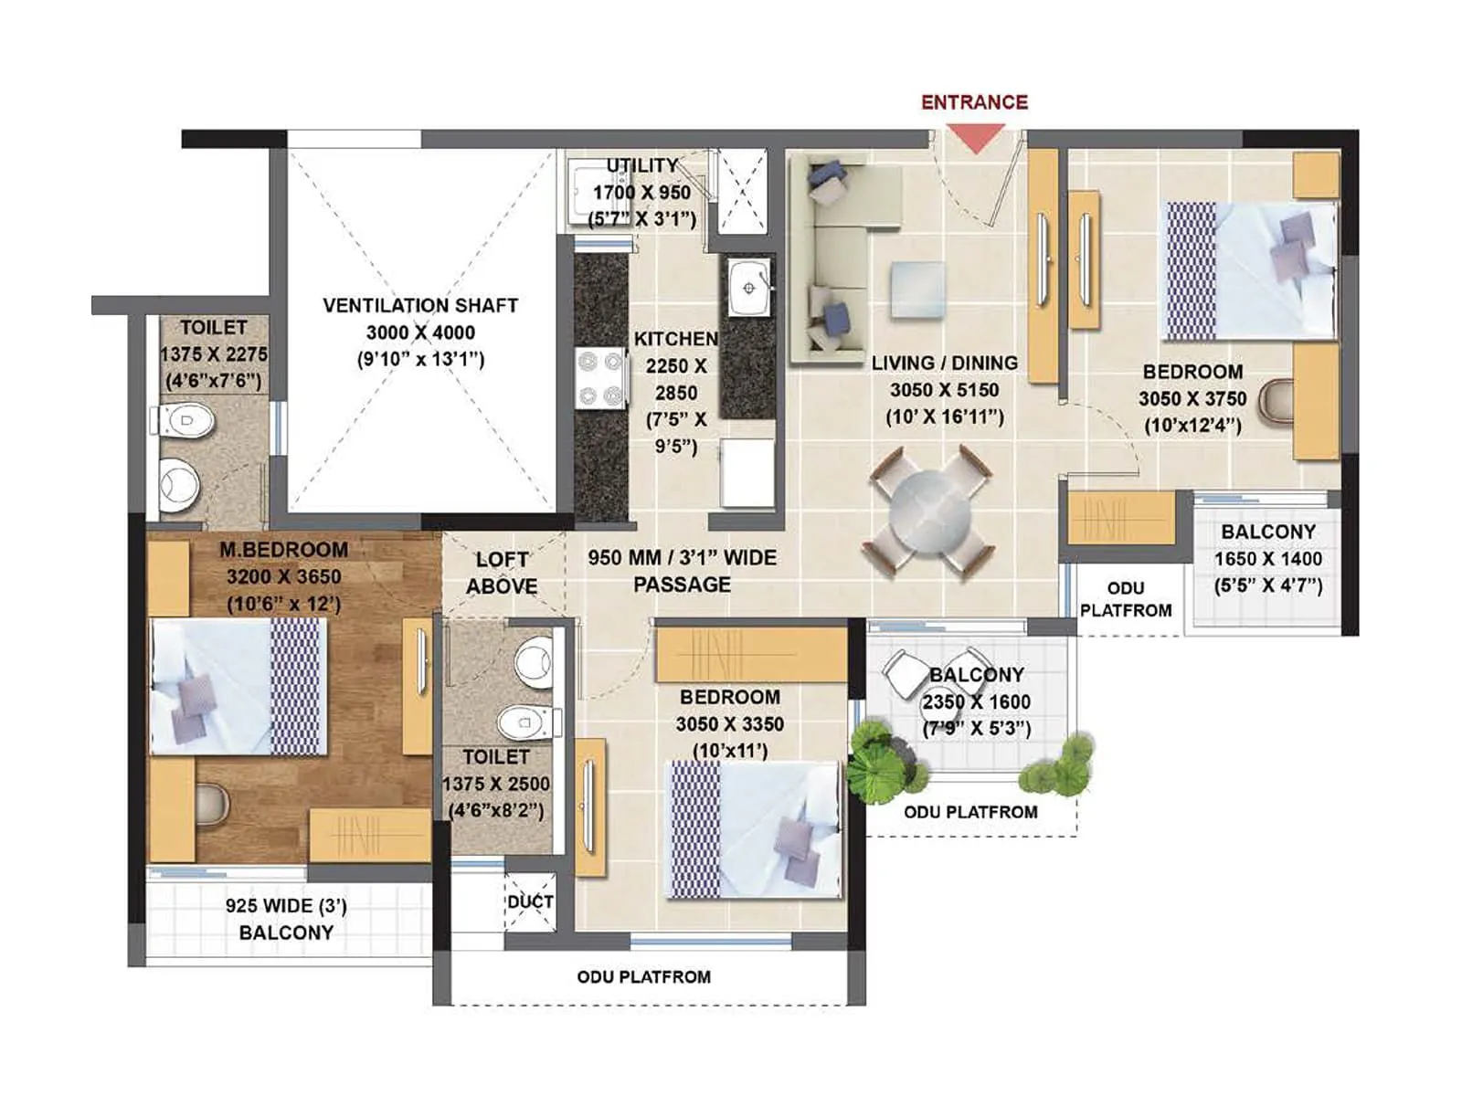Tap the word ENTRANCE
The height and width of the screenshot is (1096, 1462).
click(x=974, y=102)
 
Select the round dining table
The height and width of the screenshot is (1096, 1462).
click(x=930, y=511)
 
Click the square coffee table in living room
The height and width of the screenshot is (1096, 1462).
click(x=918, y=290)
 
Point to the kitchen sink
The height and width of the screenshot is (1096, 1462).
click(x=749, y=288)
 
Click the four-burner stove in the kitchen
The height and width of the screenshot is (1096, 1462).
click(x=600, y=378)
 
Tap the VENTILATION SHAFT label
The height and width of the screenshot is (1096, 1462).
click(x=420, y=305)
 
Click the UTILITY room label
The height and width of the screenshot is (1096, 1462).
click(x=642, y=166)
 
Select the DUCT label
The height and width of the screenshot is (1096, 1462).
click(x=530, y=901)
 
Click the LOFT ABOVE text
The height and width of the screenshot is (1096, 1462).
click(x=502, y=573)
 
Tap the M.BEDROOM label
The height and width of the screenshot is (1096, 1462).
click(x=283, y=550)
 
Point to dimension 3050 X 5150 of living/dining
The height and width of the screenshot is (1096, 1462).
click(x=944, y=390)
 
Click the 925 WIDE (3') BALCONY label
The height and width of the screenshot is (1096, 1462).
click(x=286, y=919)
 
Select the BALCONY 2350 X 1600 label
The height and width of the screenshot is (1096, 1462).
click(x=976, y=701)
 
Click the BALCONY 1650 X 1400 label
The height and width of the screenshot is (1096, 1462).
click(x=1268, y=558)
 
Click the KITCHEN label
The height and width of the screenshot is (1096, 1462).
click(x=676, y=339)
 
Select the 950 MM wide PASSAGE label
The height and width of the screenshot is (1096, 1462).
click(x=682, y=571)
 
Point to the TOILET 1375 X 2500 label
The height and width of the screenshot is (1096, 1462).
click(x=496, y=783)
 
